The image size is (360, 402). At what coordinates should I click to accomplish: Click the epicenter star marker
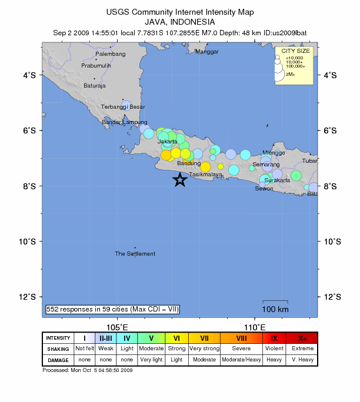click(x=180, y=180)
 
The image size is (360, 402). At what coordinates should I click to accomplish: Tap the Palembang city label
click(x=111, y=54)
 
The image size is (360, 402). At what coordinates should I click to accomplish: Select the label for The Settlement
click(x=135, y=254)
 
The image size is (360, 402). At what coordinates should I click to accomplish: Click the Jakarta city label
click(x=168, y=142)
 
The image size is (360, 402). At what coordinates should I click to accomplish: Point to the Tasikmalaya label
click(x=206, y=175)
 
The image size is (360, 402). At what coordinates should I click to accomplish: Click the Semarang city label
click(x=266, y=165)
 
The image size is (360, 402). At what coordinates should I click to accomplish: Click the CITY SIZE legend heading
click(x=296, y=51)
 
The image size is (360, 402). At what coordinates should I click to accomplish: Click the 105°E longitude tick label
click(x=118, y=327)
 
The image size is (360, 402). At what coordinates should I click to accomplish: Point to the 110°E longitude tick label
click(x=254, y=327)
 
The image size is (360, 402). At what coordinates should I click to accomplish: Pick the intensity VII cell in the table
click(x=204, y=338)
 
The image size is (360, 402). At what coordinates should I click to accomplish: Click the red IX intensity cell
click(x=274, y=338)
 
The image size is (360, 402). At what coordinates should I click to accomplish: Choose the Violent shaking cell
click(x=274, y=349)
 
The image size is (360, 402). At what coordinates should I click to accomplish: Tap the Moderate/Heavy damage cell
click(x=241, y=359)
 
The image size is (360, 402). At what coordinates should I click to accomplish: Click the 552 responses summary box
click(x=112, y=309)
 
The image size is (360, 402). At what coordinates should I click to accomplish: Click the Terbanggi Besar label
click(x=122, y=107)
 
